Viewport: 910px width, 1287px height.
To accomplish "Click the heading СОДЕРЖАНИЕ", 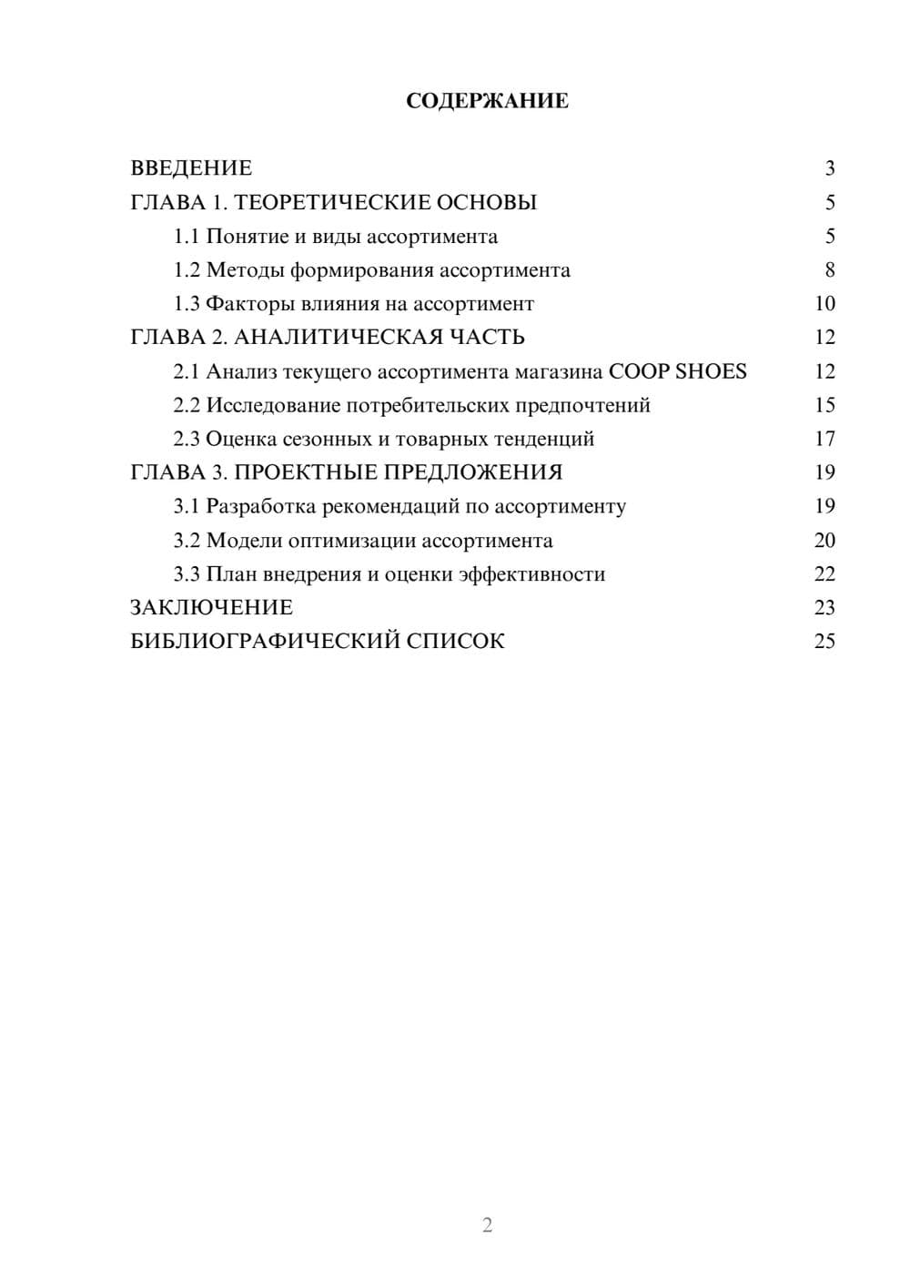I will click(487, 101).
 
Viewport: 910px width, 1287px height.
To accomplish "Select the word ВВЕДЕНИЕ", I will click(191, 168).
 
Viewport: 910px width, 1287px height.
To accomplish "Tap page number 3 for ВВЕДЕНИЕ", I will click(829, 168).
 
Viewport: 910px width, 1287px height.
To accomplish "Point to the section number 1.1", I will click(187, 237).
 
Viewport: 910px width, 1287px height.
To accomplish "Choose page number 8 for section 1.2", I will click(829, 270).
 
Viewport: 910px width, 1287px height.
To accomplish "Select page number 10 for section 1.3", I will click(824, 304).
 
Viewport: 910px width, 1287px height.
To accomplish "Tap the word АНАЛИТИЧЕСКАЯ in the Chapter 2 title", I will click(339, 338).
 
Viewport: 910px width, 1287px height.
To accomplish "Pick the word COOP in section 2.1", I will click(638, 371).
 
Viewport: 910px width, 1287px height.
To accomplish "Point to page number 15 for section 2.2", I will click(824, 405).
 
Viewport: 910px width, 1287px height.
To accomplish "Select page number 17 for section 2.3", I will click(824, 439).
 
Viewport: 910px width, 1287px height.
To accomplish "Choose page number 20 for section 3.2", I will click(824, 541).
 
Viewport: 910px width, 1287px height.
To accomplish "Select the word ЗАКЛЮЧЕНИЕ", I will click(211, 608).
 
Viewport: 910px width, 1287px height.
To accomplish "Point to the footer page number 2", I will click(487, 1225).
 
